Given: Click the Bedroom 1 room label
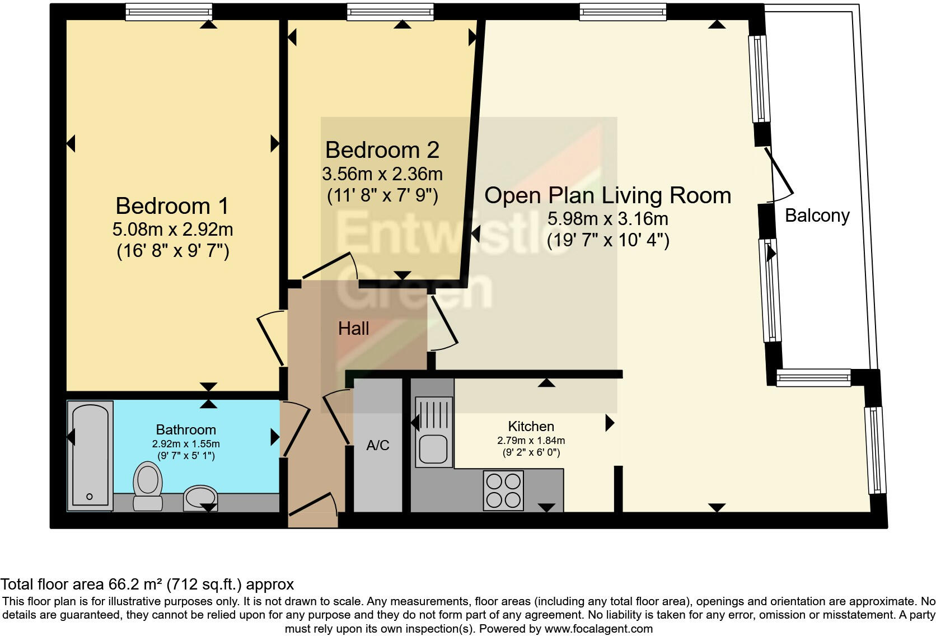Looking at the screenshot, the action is click(x=172, y=206).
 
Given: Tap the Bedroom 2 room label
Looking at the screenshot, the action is click(x=382, y=150).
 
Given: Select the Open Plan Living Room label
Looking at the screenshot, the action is click(x=607, y=195).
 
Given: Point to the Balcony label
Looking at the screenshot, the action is click(x=817, y=216).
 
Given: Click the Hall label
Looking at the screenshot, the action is click(x=353, y=329).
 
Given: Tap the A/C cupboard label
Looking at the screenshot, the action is click(x=378, y=446).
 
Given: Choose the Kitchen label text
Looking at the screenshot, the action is click(x=531, y=426).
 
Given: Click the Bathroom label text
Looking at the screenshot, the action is click(x=186, y=429).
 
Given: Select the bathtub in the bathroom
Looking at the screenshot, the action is click(x=90, y=456).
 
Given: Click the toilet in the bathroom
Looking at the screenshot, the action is click(x=147, y=486).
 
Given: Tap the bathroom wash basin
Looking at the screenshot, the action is click(x=200, y=498).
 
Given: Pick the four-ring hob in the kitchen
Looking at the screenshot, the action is click(x=503, y=490).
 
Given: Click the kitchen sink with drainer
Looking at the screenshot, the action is click(x=434, y=432).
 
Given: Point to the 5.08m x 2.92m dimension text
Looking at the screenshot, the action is click(x=172, y=230).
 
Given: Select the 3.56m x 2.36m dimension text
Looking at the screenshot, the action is click(x=382, y=174).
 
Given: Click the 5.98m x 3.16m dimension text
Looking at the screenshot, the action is click(x=608, y=218).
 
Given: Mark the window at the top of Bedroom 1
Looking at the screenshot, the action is click(x=169, y=12).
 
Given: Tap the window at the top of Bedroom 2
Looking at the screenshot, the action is click(x=390, y=12).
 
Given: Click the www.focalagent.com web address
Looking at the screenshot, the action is click(x=598, y=629).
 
